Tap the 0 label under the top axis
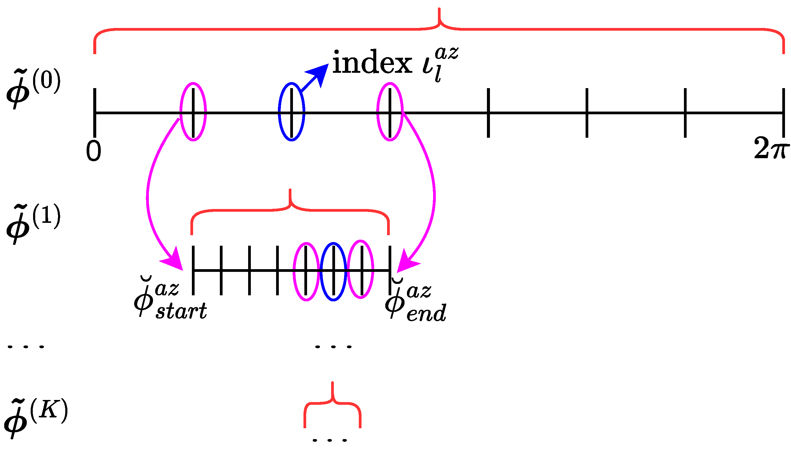click(94, 151)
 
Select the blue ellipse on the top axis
click(291, 112)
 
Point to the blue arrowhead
click(320, 73)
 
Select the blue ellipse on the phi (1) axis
click(334, 272)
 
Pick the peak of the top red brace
click(439, 16)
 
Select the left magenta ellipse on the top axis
click(193, 112)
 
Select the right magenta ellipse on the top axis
click(390, 112)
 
